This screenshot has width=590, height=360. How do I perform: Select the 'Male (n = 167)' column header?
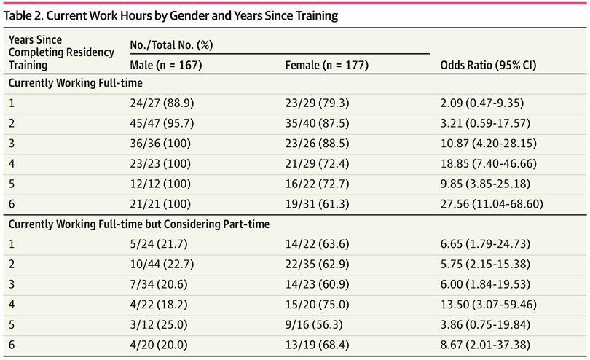tap(166, 65)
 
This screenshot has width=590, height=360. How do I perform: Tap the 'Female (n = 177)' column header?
tap(326, 65)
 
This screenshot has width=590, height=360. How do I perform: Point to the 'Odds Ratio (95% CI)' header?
tap(489, 65)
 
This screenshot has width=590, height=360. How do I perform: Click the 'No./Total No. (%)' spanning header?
tap(172, 44)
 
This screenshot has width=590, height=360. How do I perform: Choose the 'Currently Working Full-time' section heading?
tap(75, 83)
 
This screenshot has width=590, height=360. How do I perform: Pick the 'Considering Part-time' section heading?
tap(139, 224)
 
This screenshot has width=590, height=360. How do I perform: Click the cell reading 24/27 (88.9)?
tap(162, 103)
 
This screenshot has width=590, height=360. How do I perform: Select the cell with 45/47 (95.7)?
tap(162, 123)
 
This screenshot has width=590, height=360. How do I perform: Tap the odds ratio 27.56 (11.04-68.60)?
tap(492, 204)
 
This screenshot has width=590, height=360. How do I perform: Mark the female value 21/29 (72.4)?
tap(317, 163)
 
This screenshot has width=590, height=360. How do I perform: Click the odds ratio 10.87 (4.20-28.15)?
tap(489, 144)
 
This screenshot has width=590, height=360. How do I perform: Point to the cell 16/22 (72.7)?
tap(317, 184)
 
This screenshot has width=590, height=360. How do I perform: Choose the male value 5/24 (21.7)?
tap(158, 244)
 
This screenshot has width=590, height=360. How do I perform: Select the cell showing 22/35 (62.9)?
tap(317, 264)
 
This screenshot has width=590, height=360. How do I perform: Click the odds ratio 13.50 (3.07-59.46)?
tap(489, 305)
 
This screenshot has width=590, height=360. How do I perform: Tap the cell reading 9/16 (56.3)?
tap(314, 324)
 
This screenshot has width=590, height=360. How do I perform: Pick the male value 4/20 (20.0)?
tap(158, 345)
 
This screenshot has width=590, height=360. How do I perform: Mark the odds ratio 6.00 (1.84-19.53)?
tap(485, 284)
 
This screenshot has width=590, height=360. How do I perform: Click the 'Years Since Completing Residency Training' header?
tap(61, 52)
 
